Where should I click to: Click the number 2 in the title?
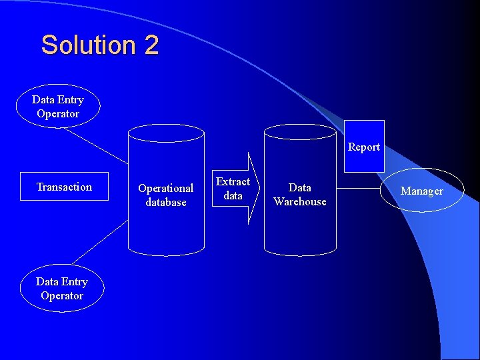(x=151, y=45)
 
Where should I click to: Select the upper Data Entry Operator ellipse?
(x=59, y=107)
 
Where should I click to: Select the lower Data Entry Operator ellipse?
(x=62, y=289)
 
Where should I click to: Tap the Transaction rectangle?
(x=64, y=187)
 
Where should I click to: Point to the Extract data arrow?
(x=235, y=189)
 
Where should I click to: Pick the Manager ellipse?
(x=421, y=191)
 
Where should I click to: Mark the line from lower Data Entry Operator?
(x=98, y=243)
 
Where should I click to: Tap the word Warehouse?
(x=300, y=201)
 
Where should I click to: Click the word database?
(x=166, y=202)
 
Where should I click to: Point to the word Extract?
(x=233, y=181)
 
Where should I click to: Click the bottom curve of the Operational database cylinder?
(x=166, y=253)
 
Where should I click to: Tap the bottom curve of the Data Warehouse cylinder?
(x=300, y=252)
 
